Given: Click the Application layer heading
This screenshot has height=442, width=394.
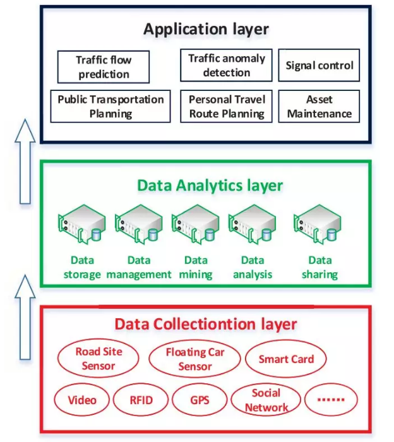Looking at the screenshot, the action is click(206, 29).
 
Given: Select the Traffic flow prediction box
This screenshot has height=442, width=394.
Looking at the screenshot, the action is click(104, 67).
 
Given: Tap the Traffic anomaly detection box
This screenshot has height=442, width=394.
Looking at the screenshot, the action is click(226, 66).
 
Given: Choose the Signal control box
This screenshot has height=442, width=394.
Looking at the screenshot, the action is click(319, 66).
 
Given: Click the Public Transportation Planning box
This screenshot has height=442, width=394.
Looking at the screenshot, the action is click(110, 106).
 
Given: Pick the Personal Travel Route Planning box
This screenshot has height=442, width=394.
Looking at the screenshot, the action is click(226, 106).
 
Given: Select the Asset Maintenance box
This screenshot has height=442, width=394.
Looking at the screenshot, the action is click(319, 106).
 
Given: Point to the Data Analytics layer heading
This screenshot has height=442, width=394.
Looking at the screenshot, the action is click(210, 186).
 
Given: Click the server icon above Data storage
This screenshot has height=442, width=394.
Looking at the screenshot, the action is click(81, 224).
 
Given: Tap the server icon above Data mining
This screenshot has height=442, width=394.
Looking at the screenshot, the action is click(196, 224).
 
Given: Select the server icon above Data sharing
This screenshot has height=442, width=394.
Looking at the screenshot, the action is click(318, 224).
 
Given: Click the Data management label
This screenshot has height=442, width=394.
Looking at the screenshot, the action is click(139, 267).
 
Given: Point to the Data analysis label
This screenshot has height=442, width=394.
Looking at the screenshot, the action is click(253, 267).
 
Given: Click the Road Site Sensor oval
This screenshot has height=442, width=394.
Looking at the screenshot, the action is click(98, 358).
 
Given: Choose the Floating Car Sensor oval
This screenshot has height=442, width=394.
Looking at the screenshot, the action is click(194, 359).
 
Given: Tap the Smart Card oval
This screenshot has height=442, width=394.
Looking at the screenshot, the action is click(286, 359).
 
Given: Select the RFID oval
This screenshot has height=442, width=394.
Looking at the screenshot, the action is click(141, 400).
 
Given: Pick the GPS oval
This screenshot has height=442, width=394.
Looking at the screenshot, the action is click(200, 400).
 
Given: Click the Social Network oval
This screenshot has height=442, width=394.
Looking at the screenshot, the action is click(266, 400).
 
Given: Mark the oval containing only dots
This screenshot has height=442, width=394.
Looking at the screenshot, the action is click(331, 400).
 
